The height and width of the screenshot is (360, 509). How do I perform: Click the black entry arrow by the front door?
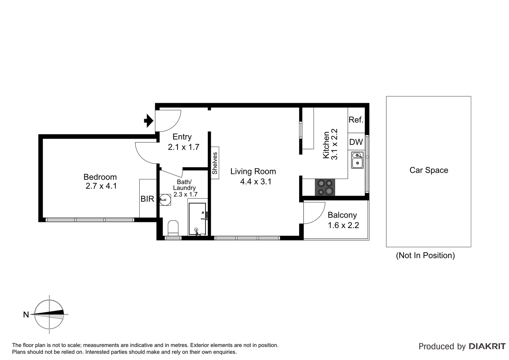tap(148, 121)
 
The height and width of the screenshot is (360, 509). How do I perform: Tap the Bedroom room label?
tap(100, 177)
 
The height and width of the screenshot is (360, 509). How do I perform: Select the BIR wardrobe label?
tap(147, 199)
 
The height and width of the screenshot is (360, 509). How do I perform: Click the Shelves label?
tap(215, 163)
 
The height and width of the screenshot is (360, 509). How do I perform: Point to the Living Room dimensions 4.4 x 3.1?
tap(256, 182)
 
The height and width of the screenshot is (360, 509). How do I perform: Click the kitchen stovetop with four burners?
tap(325, 187)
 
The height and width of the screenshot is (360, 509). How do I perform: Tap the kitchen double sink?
tap(357, 160)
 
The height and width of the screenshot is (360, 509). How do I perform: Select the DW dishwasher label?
tap(356, 142)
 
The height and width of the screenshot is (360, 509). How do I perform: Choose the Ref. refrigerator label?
tap(356, 120)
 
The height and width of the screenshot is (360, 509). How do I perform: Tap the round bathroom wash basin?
tap(165, 200)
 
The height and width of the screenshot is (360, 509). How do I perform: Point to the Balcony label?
tap(342, 215)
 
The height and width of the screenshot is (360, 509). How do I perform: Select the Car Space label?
tap(429, 170)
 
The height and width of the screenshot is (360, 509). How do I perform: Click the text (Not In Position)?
tap(425, 255)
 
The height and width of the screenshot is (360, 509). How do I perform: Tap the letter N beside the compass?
tap(26, 314)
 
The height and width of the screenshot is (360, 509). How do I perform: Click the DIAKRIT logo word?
tap(487, 346)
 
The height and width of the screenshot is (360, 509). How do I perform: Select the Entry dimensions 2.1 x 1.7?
tap(183, 147)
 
